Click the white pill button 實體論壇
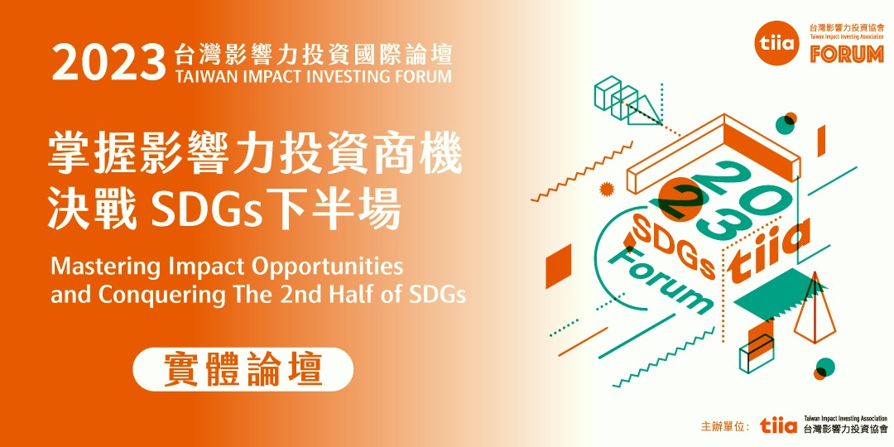pos(243,369)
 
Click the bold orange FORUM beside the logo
pos(847,55)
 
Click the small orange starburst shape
pos(607,189)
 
